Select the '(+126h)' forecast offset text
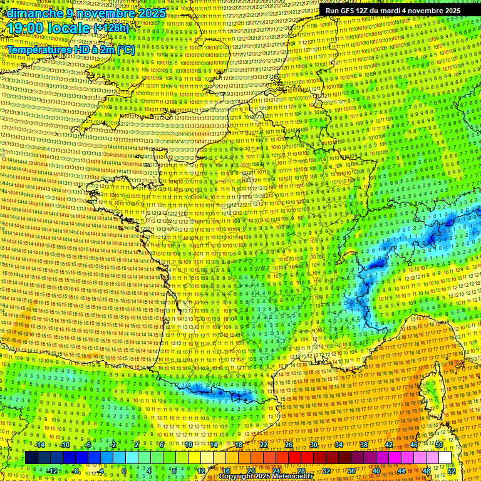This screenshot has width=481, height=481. point(111,28)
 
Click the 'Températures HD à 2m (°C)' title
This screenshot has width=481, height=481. point(71,49)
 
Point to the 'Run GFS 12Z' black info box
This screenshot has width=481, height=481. point(393,11)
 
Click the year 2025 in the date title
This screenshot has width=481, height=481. point(151,13)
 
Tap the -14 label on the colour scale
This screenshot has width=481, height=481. point(39,445)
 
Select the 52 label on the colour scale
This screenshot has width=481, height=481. point(452,470)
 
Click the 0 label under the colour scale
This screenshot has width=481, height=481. point(124,470)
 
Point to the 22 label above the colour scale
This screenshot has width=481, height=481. point(264,445)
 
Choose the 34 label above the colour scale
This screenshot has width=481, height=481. point(339,445)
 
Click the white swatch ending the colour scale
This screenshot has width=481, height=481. point(445,458)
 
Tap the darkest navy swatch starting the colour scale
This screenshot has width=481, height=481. point(31,458)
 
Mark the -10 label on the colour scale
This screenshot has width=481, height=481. point(64,445)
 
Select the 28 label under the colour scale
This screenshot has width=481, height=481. point(301,470)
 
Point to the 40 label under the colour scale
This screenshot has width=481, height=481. point(376,470)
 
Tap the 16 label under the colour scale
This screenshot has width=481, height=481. point(226,470)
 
